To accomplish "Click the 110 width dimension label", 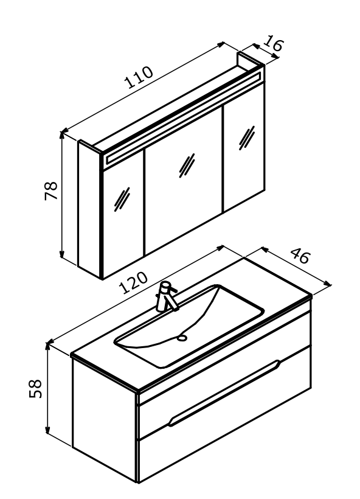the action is [139, 77].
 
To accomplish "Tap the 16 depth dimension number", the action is [273, 43].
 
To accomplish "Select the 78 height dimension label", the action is [51, 190].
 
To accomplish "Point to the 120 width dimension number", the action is [133, 282].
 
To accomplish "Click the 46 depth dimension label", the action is [300, 255].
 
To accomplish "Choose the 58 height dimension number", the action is [35, 388].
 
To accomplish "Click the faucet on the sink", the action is [165, 296].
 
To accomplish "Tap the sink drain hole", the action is [182, 338].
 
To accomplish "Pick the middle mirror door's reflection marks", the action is [187, 166].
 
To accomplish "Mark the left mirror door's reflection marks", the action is [122, 199].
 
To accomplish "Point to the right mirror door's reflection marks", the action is [247, 138].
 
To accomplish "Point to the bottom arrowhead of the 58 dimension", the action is [47, 430].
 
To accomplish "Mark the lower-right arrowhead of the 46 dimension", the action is [327, 283].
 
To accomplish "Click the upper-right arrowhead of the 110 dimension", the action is [220, 44].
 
